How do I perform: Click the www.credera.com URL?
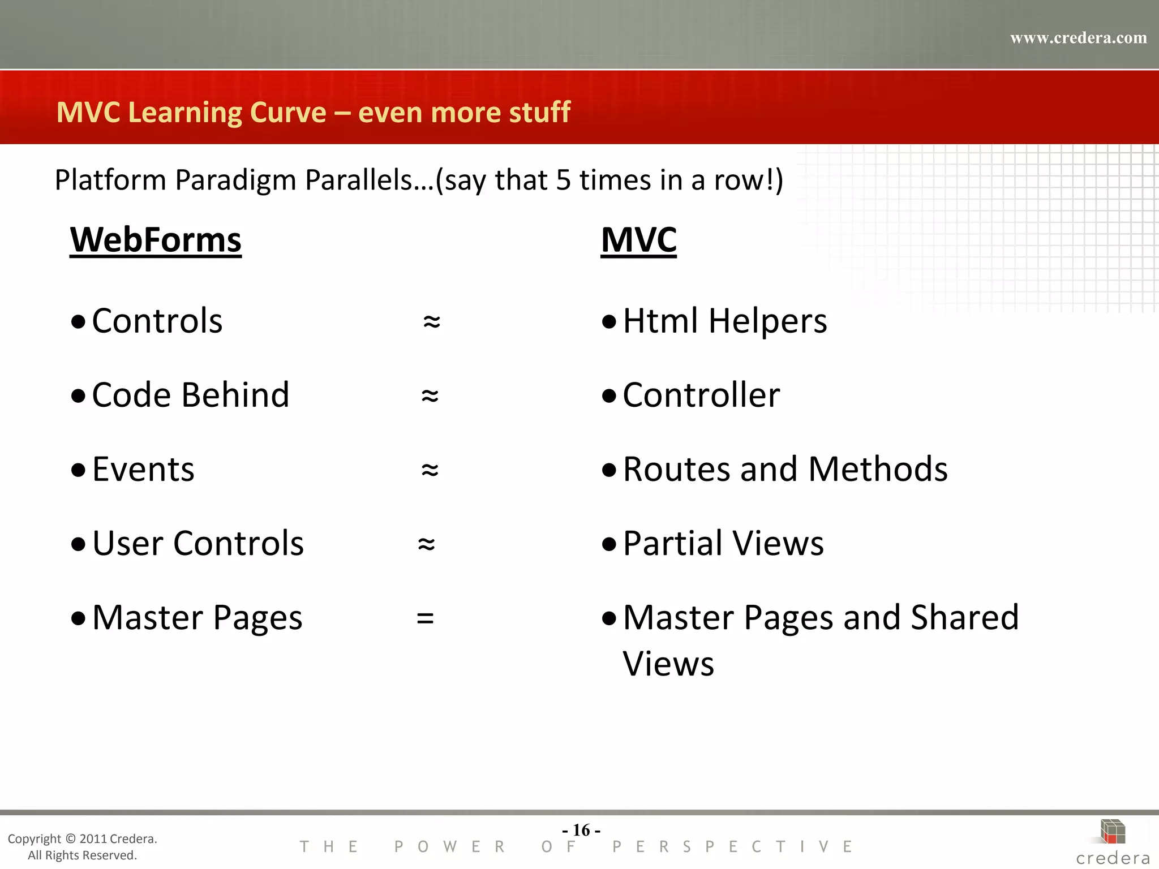tap(1078, 38)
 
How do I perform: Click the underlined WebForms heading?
tap(156, 240)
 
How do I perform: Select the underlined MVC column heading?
tap(638, 240)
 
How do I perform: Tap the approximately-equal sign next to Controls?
tap(432, 322)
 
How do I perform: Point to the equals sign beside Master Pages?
tap(425, 618)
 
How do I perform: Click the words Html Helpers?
tap(724, 321)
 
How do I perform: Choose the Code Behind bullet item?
tap(190, 395)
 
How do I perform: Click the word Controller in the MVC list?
tap(701, 395)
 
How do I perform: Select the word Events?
tap(143, 469)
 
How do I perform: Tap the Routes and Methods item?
tap(785, 469)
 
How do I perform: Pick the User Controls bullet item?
tap(198, 543)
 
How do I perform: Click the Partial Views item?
tap(723, 543)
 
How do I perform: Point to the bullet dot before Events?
tap(78, 470)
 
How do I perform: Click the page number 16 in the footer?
tap(581, 830)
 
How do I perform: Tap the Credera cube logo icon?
tap(1112, 832)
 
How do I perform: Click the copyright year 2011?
tap(93, 838)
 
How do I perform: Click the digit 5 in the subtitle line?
tap(563, 180)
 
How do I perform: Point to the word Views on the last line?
tap(668, 664)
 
